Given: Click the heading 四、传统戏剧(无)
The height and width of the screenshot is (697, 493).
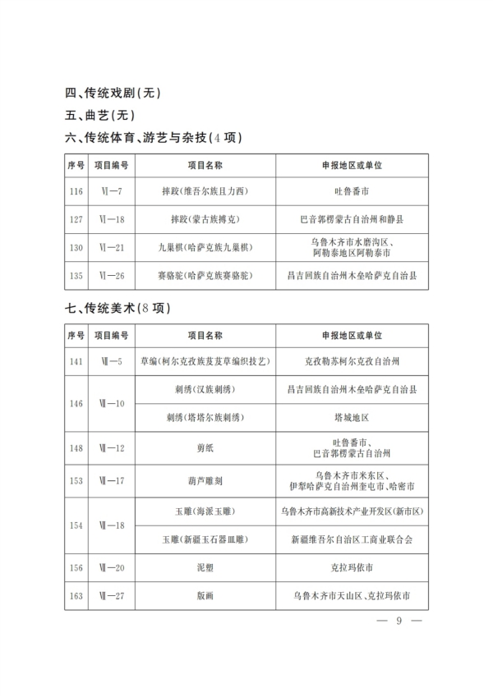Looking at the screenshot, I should pos(113,93).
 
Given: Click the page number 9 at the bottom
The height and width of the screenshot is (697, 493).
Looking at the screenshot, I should pos(398,621).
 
